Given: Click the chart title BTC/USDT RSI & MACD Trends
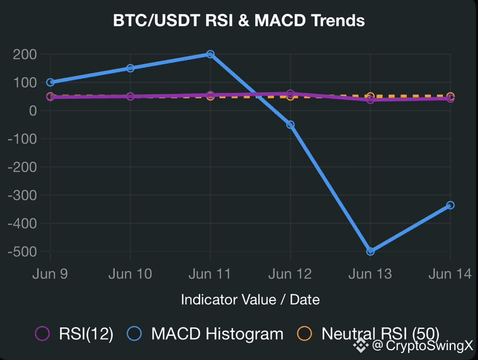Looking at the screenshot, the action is point(239,20).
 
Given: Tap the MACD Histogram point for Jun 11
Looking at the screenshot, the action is point(210,54).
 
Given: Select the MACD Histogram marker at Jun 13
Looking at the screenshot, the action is point(370,252).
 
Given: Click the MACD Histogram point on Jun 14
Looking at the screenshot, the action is point(450,205).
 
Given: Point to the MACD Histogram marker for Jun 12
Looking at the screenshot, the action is point(291,125).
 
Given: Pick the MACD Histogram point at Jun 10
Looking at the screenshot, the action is point(130,68).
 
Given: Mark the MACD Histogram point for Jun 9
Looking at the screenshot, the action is point(50,82).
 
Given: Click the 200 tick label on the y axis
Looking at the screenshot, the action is point(25,55).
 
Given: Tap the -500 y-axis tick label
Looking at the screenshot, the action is point(22,252).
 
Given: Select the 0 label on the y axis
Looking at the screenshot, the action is point(33,111).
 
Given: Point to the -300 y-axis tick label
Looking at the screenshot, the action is point(22,196).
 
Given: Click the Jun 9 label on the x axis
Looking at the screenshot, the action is point(50,274).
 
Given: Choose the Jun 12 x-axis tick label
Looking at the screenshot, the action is point(290,274).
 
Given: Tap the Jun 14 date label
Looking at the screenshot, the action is point(450,274).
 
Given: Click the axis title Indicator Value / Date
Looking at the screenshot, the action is point(250,299).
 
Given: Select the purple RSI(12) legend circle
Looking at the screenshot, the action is point(42,333).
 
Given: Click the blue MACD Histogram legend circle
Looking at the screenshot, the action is point(134,333).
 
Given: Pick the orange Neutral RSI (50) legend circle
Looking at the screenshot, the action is point(304,333).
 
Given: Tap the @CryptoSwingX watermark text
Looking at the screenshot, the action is point(423,346).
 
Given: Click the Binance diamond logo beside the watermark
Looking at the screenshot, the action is point(361,346).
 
